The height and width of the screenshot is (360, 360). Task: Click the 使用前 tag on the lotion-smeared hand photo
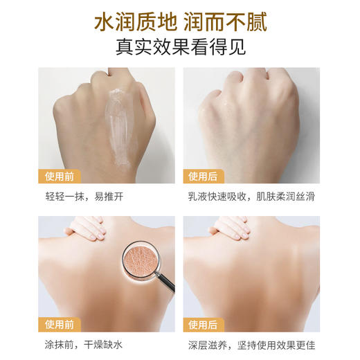(60, 176)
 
